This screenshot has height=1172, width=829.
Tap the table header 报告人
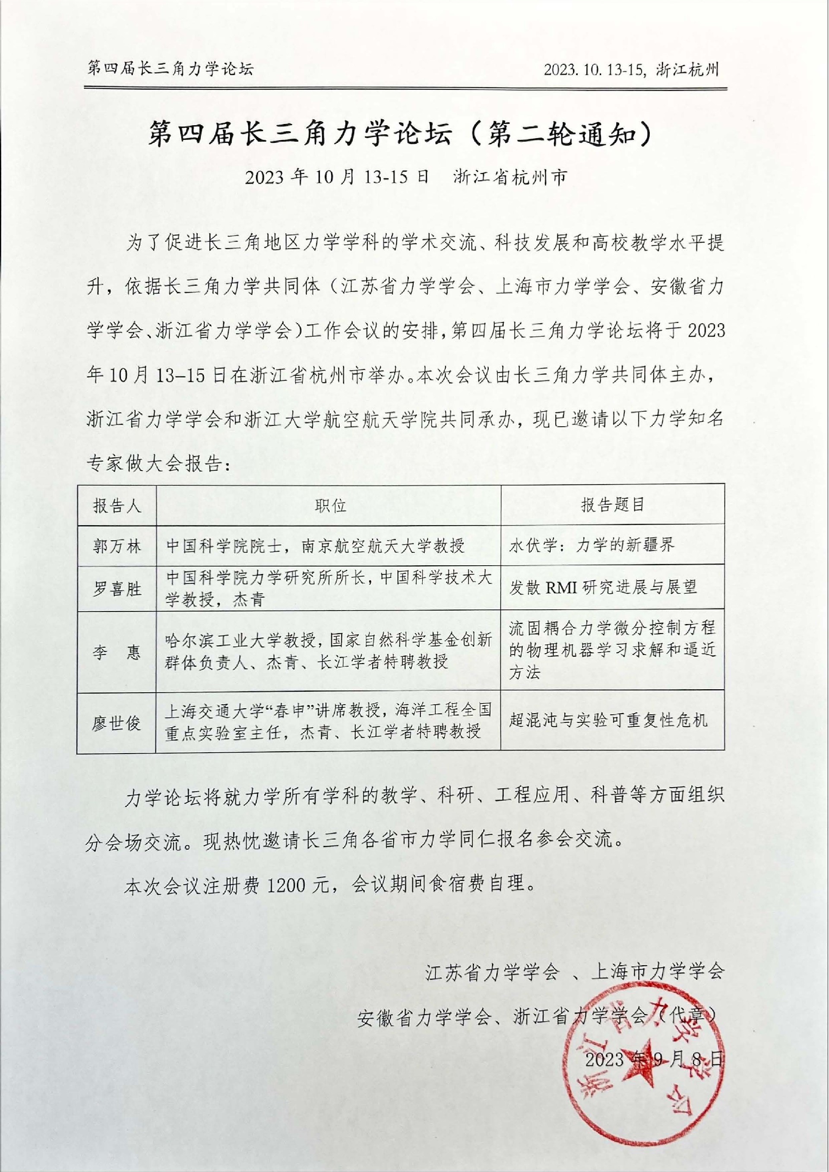pyautogui.click(x=117, y=506)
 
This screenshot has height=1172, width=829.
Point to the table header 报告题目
pyautogui.click(x=612, y=505)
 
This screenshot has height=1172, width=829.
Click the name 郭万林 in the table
pyautogui.click(x=117, y=546)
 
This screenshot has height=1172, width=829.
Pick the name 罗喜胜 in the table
pyautogui.click(x=117, y=589)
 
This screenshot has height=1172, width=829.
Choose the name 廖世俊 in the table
pyautogui.click(x=117, y=723)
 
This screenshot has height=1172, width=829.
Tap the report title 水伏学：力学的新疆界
pyautogui.click(x=592, y=545)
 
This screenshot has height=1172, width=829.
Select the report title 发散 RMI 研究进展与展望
pyautogui.click(x=602, y=588)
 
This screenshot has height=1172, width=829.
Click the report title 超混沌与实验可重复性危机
pyautogui.click(x=608, y=720)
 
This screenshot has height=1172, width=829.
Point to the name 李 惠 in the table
pyautogui.click(x=117, y=653)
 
